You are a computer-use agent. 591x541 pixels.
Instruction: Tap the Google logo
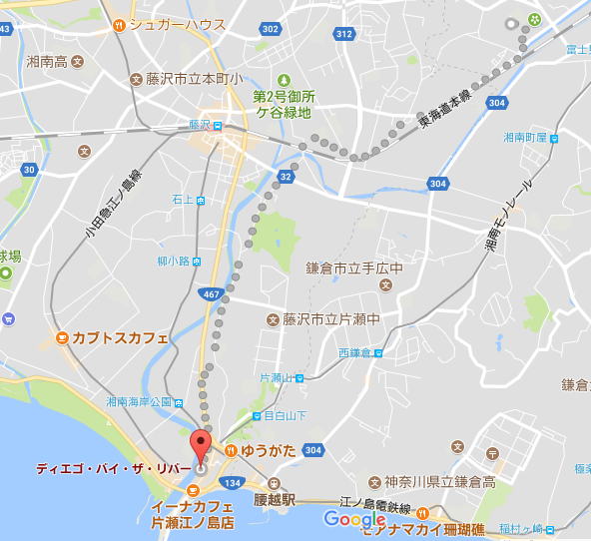[x=354, y=519]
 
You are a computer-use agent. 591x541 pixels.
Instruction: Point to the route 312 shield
[x=344, y=34]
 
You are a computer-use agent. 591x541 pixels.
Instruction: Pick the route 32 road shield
[x=286, y=176]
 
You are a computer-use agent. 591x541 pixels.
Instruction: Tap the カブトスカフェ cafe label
[x=120, y=338]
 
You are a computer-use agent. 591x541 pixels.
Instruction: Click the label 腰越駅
[x=277, y=498]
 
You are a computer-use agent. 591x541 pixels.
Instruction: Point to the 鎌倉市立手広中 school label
[x=353, y=268]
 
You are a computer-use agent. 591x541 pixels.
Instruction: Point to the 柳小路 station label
[x=173, y=262]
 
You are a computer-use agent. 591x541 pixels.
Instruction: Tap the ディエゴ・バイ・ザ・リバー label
[x=106, y=467]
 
